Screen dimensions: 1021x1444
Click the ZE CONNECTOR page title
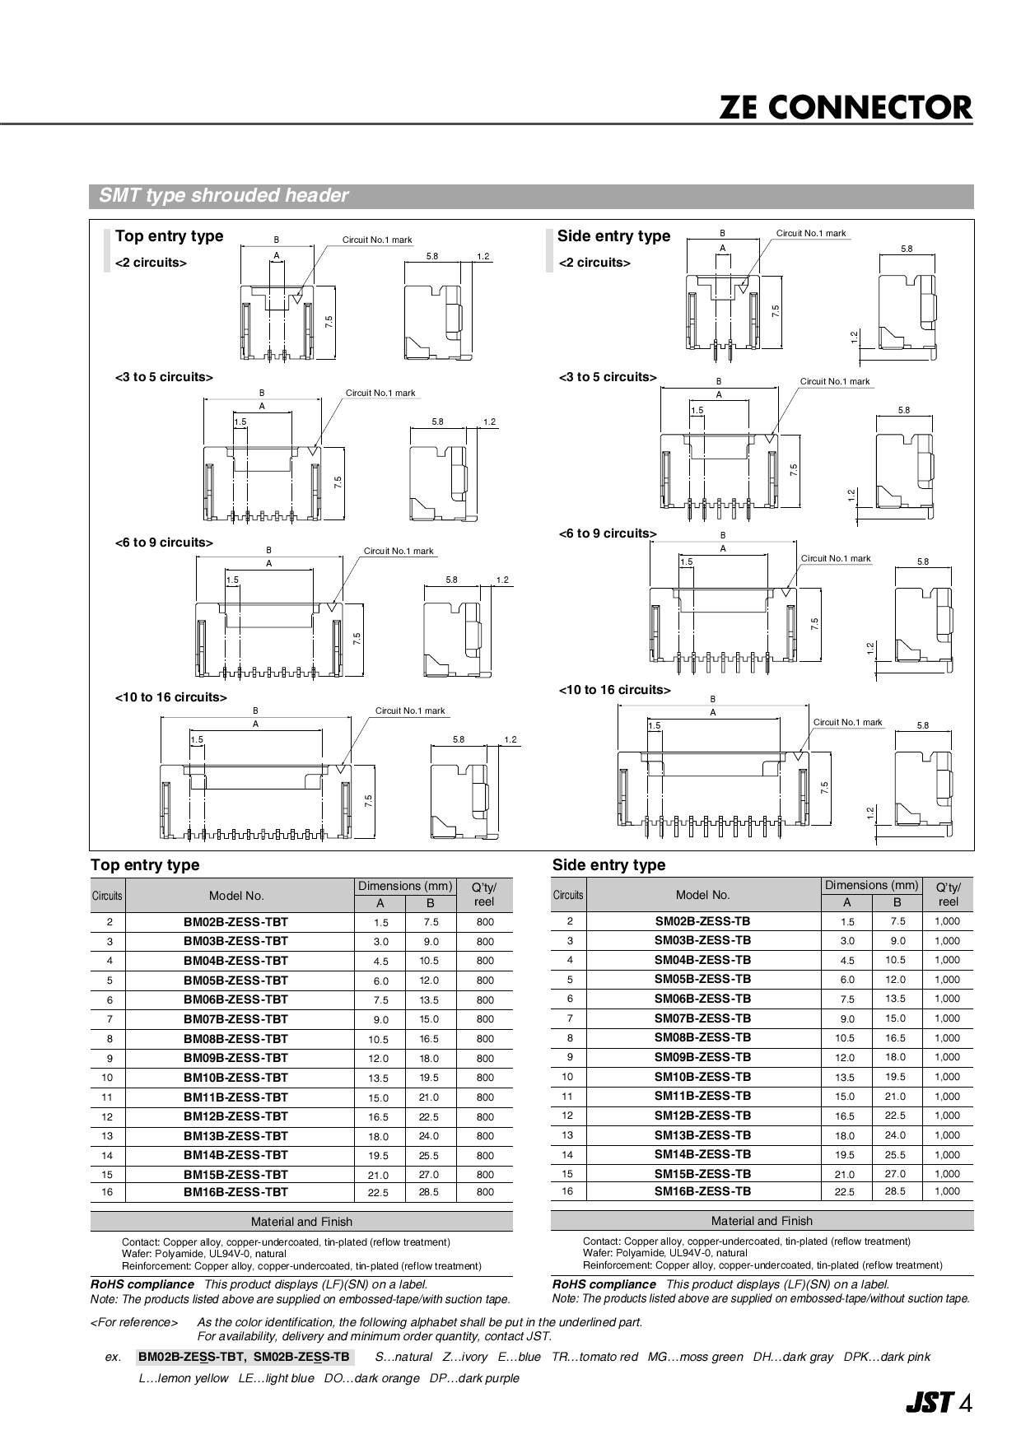846,108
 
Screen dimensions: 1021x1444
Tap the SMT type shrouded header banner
223,196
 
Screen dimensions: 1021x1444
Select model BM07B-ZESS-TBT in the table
235,1019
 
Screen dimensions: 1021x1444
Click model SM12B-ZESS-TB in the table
702,1116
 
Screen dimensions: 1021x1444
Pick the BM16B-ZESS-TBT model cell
235,1192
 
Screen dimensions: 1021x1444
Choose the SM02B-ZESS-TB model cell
702,921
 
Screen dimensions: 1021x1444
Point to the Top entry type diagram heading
169,236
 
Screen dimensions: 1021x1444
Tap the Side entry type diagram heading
613,236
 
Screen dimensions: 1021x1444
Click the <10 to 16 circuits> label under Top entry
170,697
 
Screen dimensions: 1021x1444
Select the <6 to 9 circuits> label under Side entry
608,533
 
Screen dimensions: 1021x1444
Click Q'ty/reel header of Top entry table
484,895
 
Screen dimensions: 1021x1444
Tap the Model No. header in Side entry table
702,895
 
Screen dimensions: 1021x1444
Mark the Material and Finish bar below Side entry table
762,1221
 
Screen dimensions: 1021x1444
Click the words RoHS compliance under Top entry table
142,1284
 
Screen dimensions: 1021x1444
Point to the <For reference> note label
133,1322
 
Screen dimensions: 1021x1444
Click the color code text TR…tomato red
594,1357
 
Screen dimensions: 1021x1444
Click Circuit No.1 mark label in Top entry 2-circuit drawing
377,240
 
